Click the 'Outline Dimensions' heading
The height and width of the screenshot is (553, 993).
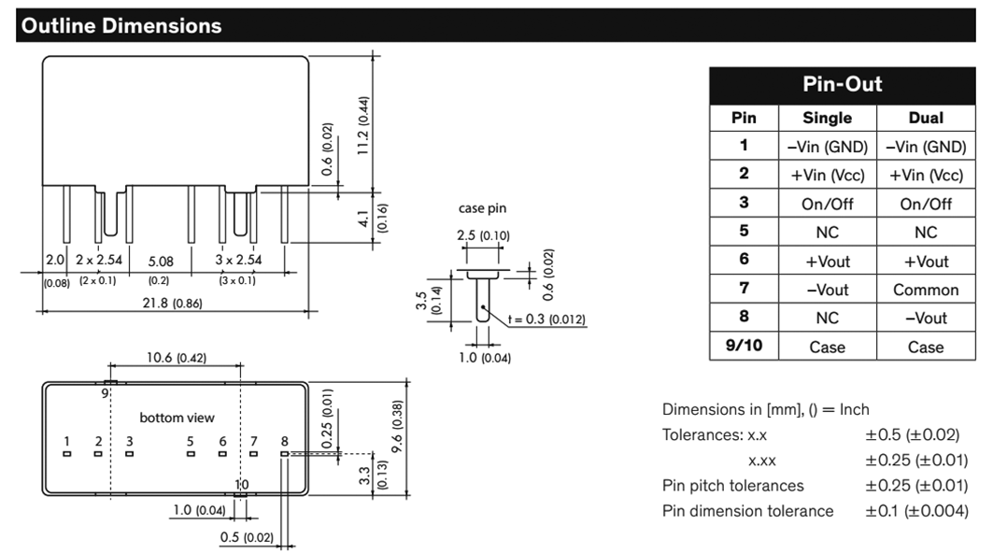tap(121, 26)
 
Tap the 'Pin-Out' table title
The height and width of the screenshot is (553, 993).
tap(842, 85)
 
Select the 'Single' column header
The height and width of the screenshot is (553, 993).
tap(828, 118)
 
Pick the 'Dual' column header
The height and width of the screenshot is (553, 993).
tap(925, 118)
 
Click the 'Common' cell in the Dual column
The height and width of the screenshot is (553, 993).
tap(925, 290)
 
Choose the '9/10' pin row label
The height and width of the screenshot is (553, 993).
tap(744, 347)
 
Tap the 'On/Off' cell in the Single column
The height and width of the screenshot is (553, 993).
tap(828, 204)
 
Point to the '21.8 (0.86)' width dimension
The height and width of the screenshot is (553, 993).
tap(172, 304)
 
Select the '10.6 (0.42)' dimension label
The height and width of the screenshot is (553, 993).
tap(176, 358)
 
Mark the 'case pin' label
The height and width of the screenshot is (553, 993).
tap(482, 208)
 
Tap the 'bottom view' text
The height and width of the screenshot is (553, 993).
tap(177, 417)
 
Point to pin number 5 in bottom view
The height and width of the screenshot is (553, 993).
tap(191, 441)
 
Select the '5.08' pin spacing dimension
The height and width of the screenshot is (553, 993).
tap(159, 262)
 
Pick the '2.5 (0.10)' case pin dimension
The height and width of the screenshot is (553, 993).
tap(484, 235)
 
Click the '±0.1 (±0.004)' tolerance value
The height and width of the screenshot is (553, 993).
tap(916, 511)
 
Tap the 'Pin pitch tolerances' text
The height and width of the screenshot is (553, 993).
tap(732, 486)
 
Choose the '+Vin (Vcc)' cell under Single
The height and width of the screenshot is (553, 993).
tap(828, 176)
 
